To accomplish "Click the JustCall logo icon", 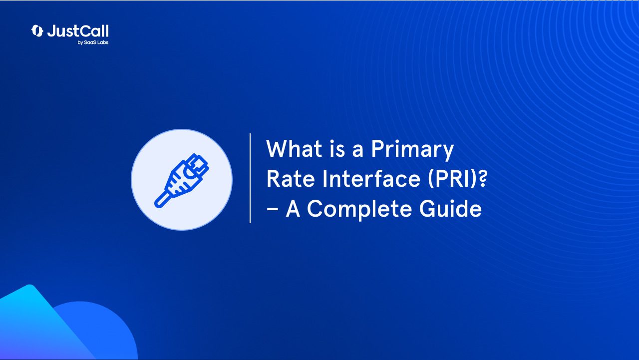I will point(37,31).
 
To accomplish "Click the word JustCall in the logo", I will point(78,31).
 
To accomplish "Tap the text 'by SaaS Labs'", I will point(93,43).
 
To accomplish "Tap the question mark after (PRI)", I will point(481,179).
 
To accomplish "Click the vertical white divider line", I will point(250,178).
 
